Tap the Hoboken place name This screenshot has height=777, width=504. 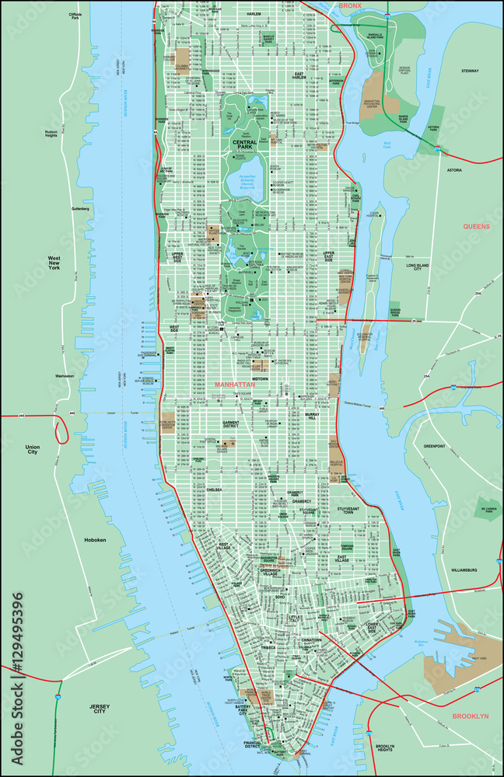97,540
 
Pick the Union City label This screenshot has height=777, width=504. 32,451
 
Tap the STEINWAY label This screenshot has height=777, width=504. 471,71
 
